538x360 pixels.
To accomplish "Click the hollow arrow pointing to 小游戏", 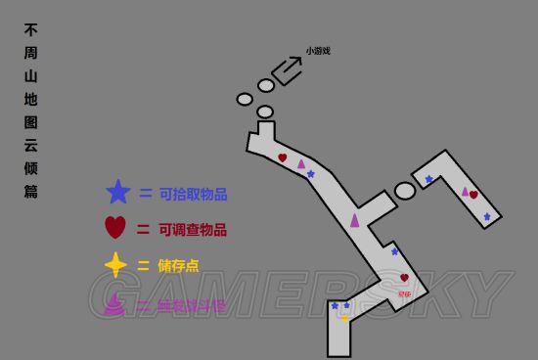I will click(x=287, y=70).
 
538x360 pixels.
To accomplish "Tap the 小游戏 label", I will click(x=318, y=51).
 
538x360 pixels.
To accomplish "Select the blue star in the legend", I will click(x=117, y=193).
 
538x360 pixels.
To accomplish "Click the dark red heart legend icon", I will click(x=115, y=228).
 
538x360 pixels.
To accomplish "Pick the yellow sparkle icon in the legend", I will click(x=115, y=265).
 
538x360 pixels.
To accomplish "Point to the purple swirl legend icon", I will click(x=114, y=304).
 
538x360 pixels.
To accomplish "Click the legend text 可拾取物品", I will click(x=193, y=194).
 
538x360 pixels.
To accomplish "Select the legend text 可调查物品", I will click(x=193, y=230).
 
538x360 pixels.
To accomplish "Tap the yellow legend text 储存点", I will click(x=180, y=266).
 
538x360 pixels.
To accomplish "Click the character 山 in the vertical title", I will click(x=31, y=75).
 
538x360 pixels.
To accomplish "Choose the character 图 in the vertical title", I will click(x=31, y=122).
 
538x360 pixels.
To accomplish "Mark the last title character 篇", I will click(x=31, y=192).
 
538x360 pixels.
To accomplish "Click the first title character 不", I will click(x=31, y=29).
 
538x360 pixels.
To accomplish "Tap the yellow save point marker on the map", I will click(x=344, y=318).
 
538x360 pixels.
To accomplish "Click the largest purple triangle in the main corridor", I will click(x=355, y=220).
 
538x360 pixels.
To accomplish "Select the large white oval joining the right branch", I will click(x=405, y=191).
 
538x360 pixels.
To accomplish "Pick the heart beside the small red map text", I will click(x=404, y=278).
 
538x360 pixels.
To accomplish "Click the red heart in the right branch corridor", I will click(x=473, y=195).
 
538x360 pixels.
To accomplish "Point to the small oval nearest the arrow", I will click(x=266, y=86).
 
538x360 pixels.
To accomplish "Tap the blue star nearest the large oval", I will click(x=428, y=179).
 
